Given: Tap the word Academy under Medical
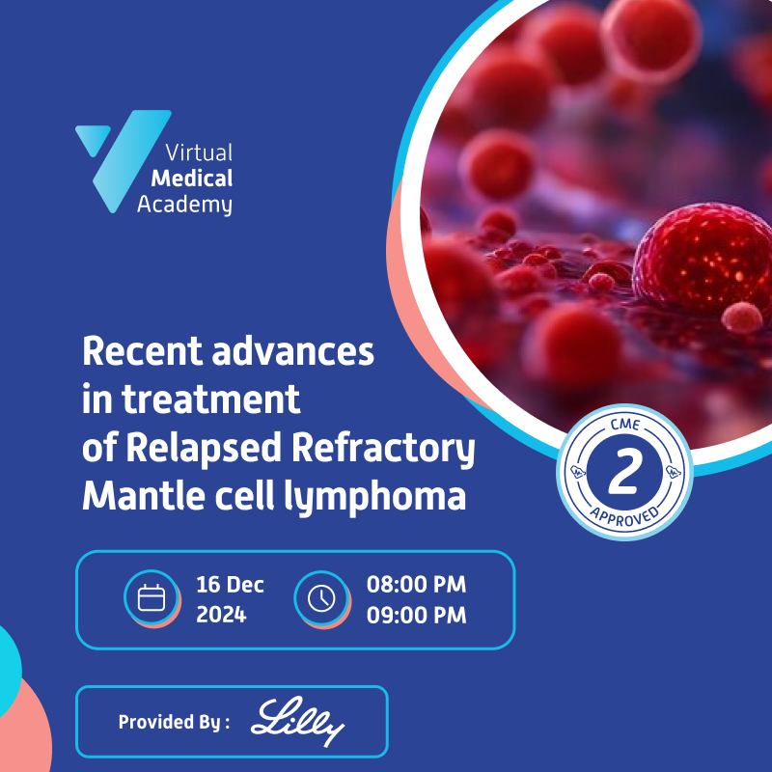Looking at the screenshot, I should (184, 204).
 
